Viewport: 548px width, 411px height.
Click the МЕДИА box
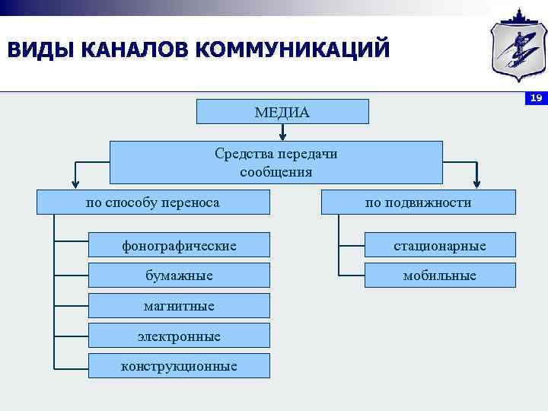pyautogui.click(x=282, y=112)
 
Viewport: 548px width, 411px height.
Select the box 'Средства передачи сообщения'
pyautogui.click(x=276, y=162)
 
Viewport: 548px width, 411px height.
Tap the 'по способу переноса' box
pyautogui.click(x=154, y=202)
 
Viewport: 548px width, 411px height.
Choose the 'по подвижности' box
pyautogui.click(x=418, y=202)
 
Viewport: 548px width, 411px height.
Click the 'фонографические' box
pyautogui.click(x=179, y=245)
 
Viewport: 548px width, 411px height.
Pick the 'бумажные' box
pyautogui.click(x=179, y=275)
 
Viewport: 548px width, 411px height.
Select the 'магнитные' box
pyautogui.click(x=179, y=305)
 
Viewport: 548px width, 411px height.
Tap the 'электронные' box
pyautogui.click(x=179, y=336)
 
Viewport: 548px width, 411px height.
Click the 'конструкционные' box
pyautogui.click(x=179, y=366)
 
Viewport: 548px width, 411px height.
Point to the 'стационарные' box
pyautogui.click(x=440, y=245)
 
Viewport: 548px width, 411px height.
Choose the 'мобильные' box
pyautogui.click(x=440, y=275)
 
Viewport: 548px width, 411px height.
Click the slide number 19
pyautogui.click(x=536, y=98)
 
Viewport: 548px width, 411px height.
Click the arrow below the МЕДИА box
pyautogui.click(x=282, y=132)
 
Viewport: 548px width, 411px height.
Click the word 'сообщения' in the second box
pyautogui.click(x=276, y=172)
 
